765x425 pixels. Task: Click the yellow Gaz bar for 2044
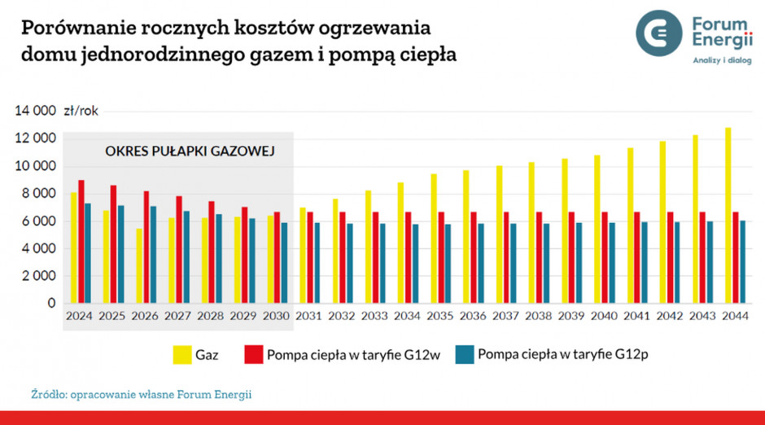click(728, 216)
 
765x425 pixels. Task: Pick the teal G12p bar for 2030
click(283, 263)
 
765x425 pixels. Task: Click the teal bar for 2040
click(612, 263)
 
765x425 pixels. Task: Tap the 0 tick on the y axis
click(50, 304)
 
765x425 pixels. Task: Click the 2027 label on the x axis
click(178, 315)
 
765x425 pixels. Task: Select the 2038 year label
click(539, 315)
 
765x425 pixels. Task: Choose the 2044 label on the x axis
click(736, 315)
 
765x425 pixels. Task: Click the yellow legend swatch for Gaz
click(181, 355)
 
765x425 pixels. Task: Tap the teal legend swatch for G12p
click(464, 355)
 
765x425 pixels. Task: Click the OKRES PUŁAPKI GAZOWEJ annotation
click(190, 151)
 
